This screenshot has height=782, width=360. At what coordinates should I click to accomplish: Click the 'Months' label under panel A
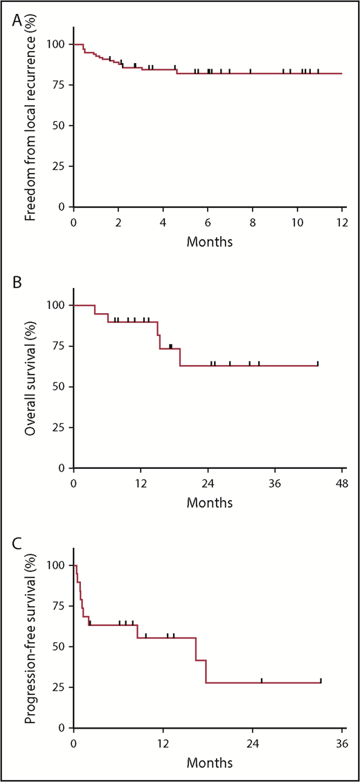(x=208, y=243)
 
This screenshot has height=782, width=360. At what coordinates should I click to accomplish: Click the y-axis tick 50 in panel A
(x=60, y=126)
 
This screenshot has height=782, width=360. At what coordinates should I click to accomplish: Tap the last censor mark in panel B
(x=318, y=363)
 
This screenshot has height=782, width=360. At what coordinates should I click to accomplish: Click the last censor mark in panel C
(x=321, y=680)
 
